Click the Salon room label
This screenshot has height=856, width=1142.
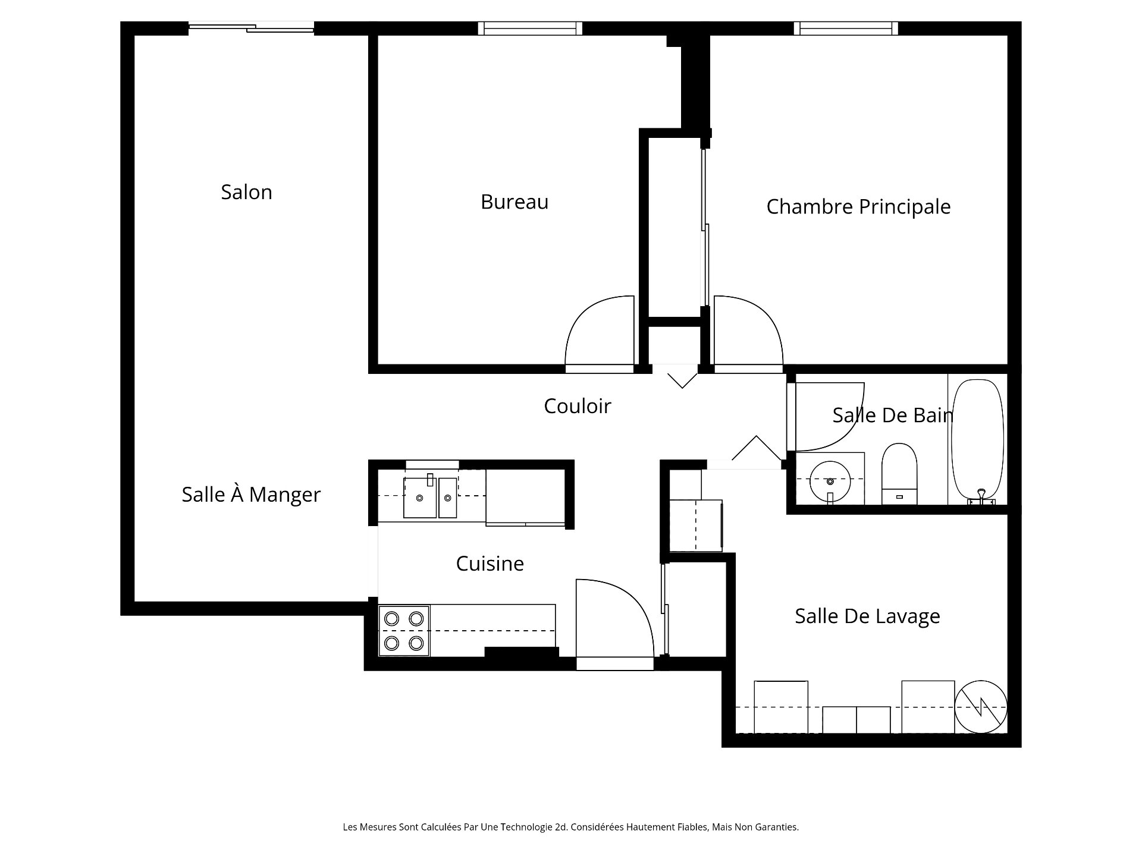pos(246,192)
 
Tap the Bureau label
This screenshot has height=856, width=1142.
pos(514,202)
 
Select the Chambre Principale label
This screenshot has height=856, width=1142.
pos(858,207)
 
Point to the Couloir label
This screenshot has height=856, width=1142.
pos(578,406)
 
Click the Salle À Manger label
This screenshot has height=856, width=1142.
pos(251,494)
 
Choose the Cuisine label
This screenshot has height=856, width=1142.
pos(490,564)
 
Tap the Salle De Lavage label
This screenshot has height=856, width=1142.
pos(867,616)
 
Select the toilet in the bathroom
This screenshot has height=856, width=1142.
pos(899,474)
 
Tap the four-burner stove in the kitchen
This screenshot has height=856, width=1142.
pos(404,631)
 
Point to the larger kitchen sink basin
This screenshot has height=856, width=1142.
pos(420,497)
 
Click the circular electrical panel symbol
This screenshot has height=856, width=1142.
pos(981,707)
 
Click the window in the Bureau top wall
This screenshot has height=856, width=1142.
pos(531,28)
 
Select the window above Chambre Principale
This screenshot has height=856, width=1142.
pos(846,28)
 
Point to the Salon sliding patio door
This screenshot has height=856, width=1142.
pos(251,27)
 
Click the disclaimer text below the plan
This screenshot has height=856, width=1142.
pos(570,827)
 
